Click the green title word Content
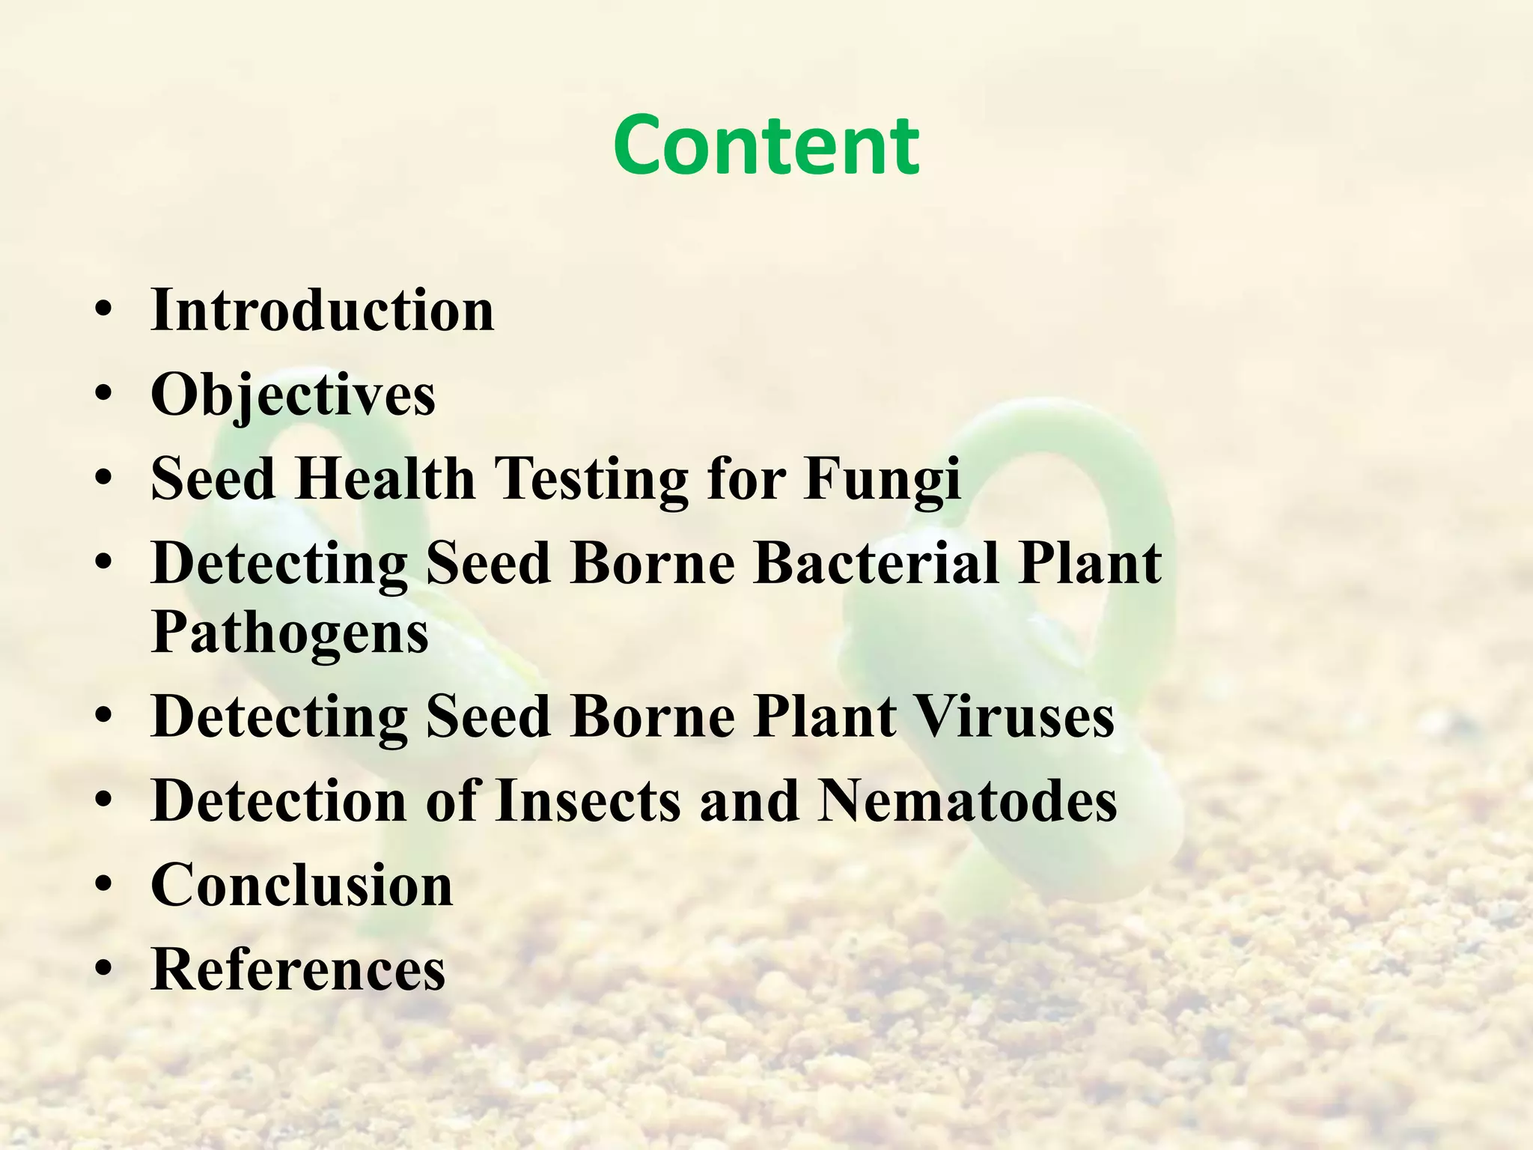766,145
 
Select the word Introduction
323,310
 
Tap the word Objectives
293,395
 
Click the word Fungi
883,479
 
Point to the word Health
385,479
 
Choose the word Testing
591,479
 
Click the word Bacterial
876,563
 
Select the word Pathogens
290,633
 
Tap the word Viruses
1015,717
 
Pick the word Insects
588,801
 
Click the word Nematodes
967,801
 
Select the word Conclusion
302,885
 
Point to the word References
298,970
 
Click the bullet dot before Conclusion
104,885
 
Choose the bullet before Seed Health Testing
104,478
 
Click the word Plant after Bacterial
1089,563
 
